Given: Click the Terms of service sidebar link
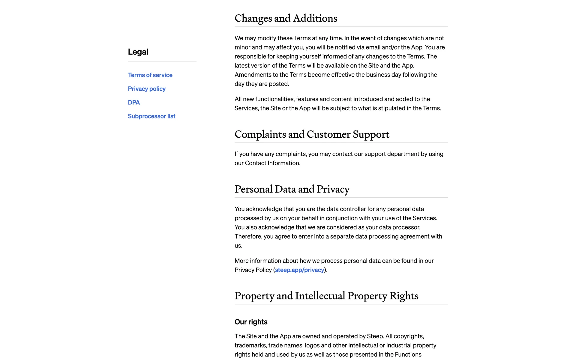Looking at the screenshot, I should pyautogui.click(x=150, y=75).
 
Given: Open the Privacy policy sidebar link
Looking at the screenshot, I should pyautogui.click(x=146, y=89).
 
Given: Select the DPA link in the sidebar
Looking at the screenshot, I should pyautogui.click(x=134, y=103).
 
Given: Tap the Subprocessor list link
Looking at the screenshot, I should pyautogui.click(x=151, y=116).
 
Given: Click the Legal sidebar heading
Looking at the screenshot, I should pyautogui.click(x=138, y=52).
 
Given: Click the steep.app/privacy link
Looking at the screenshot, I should pyautogui.click(x=299, y=270).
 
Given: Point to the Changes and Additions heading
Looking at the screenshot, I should pyautogui.click(x=286, y=18).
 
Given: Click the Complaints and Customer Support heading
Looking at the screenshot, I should pyautogui.click(x=312, y=134).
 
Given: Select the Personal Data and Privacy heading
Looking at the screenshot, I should pyautogui.click(x=292, y=189).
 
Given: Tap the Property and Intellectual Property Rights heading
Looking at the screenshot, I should pyautogui.click(x=326, y=296).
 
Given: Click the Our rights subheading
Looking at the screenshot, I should pyautogui.click(x=251, y=322).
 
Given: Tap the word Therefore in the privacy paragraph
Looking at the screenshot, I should pyautogui.click(x=248, y=236).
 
